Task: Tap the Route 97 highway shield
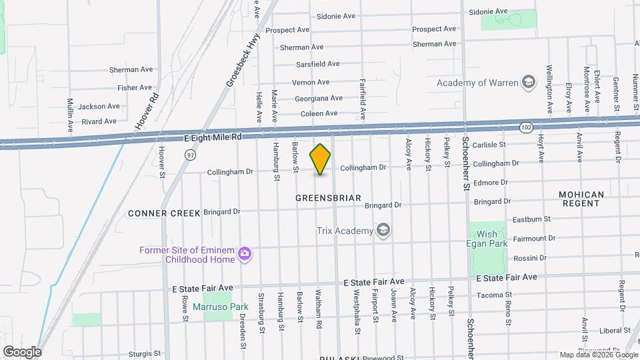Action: coord(190,155)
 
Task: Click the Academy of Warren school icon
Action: coord(529,83)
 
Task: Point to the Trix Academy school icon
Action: coord(383,231)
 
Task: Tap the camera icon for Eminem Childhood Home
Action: coord(245,253)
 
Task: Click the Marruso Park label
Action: coord(220,307)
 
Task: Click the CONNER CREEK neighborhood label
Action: coord(164,213)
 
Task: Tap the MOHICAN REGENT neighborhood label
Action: coord(581,199)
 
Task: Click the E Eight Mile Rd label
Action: coord(212,137)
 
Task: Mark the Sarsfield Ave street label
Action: coord(318,64)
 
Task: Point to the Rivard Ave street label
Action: coord(99,121)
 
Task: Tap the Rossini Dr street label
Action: coord(530,258)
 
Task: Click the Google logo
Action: coord(22,351)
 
